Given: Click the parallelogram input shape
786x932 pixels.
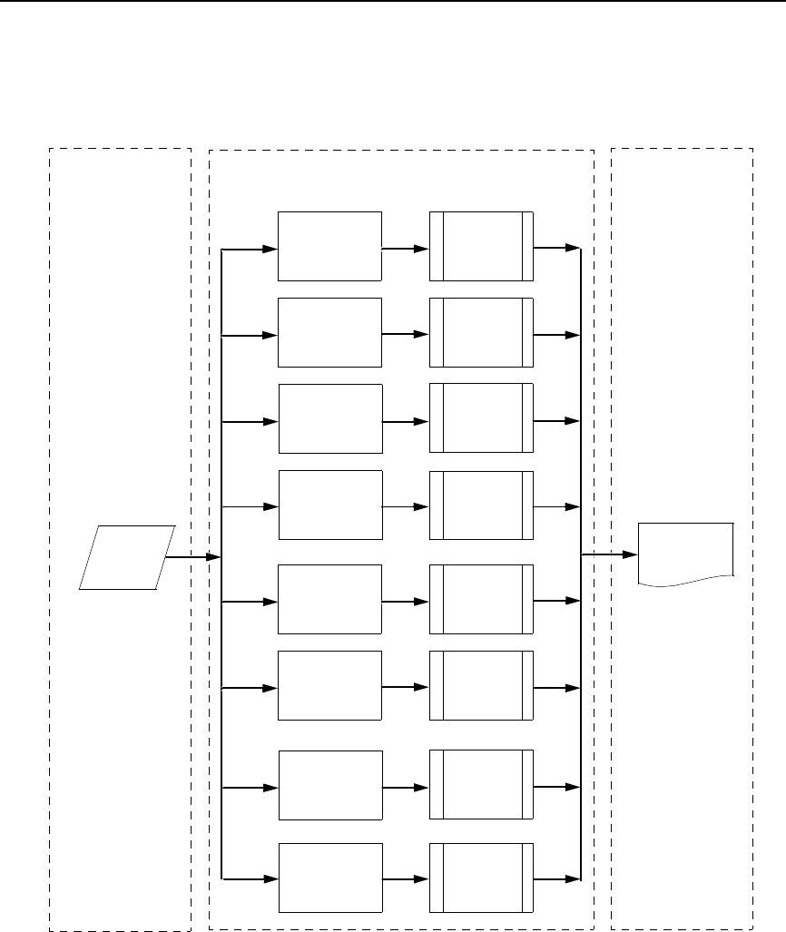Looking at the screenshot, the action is pos(127,557).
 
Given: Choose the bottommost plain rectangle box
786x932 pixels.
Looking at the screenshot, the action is pos(329,878).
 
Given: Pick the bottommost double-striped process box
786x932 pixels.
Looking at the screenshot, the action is pos(482,878).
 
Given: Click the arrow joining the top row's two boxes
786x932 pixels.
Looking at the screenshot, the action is pos(405,247).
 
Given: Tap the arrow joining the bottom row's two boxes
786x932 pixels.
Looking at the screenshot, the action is pos(405,878).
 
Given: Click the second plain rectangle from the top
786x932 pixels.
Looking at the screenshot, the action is pos(329,332).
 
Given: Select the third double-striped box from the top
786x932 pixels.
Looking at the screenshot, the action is pos(482,418).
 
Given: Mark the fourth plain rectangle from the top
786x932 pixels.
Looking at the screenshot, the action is pos(329,505).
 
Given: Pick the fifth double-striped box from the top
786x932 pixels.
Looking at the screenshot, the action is pos(482,599).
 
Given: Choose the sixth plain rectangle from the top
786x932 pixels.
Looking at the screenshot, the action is pos(329,686).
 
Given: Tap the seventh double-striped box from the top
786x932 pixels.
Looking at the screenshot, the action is pos(482,784).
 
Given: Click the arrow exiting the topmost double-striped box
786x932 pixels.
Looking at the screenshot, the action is pos(556,247).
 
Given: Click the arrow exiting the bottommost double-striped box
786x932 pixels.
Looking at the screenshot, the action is pos(556,878).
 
